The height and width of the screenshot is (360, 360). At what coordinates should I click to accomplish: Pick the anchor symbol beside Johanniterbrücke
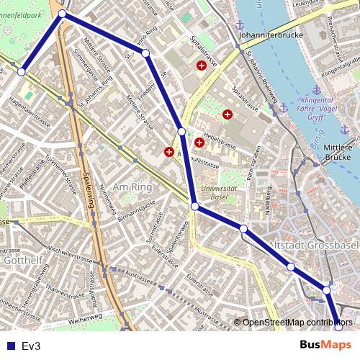240,26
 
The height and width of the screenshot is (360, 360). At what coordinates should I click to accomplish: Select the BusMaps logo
326,346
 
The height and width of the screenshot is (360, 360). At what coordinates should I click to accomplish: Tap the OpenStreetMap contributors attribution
297,322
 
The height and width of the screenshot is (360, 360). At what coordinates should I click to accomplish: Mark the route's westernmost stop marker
22,72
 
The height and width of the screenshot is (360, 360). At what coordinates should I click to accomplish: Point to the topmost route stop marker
62,14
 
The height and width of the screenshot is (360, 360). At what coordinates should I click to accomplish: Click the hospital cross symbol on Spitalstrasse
202,66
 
